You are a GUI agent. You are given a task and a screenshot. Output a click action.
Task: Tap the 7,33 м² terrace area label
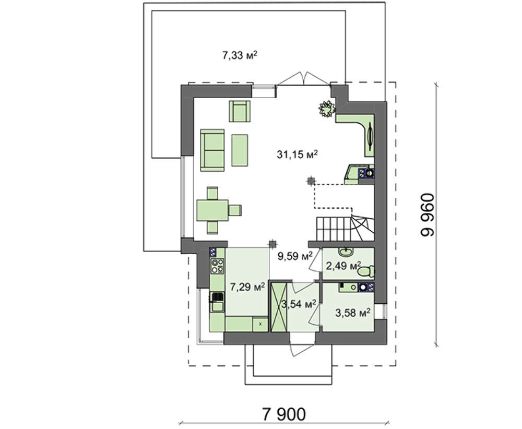coord(240,55)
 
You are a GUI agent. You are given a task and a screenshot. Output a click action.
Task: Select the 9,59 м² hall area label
coord(295,256)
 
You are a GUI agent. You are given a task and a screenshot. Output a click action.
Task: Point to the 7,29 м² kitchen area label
coord(247,287)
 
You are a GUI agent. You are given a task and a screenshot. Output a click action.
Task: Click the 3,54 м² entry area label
coord(299,304)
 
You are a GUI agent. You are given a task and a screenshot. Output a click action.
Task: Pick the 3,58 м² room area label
coord(353,313)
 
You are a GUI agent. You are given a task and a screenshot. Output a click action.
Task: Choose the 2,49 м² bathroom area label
coord(343,266)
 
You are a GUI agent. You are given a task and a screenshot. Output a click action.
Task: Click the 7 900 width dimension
coord(284,415)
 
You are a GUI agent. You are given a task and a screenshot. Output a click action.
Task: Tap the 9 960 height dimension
coord(428,215)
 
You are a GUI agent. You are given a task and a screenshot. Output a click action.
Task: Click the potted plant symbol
coord(327,109)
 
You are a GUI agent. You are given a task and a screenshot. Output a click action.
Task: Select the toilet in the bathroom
coord(366,271)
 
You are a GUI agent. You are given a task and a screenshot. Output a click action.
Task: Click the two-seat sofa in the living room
coord(212,150)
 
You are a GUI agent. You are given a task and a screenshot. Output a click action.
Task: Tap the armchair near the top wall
coord(240,111)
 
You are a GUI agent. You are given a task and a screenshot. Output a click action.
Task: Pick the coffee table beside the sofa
coord(240,150)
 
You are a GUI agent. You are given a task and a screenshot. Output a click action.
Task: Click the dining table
coord(212,210)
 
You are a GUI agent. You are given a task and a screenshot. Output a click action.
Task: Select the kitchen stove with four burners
coord(217,266)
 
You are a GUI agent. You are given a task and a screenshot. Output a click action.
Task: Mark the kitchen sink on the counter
coord(217,302)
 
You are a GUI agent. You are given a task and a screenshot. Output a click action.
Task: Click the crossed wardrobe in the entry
coord(279,307)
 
